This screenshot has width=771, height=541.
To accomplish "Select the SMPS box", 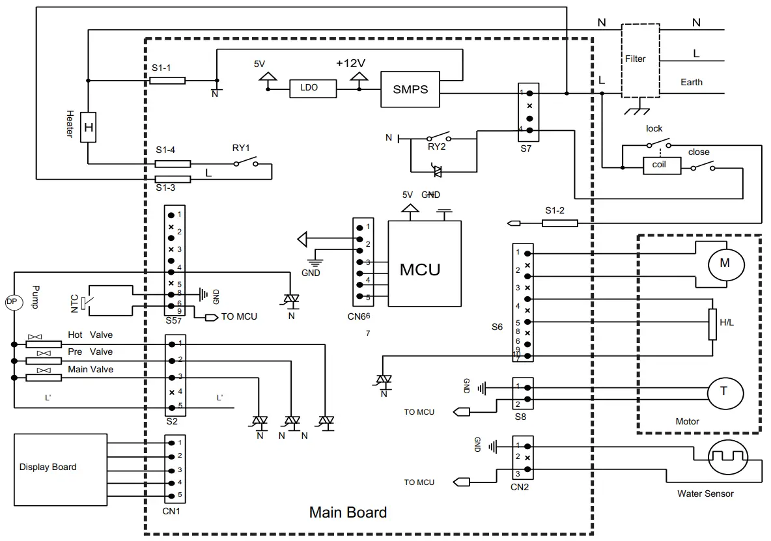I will coord(410,89).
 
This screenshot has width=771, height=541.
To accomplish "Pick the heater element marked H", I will coord(89,127).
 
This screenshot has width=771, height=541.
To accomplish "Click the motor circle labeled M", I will coord(725,264).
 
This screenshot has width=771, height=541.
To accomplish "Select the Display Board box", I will coord(61,469).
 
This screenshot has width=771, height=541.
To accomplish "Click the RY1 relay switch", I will coord(245,162).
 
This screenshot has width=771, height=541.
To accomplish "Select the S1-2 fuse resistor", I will coord(560,223).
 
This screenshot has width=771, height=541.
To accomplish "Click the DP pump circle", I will coord(10,301).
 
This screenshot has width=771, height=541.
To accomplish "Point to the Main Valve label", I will coord(91,370).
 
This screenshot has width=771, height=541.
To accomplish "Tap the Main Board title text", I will coord(348,512).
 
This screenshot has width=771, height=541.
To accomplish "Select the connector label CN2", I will coord(519,486).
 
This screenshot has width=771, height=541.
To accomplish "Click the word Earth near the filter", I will coord(691,82).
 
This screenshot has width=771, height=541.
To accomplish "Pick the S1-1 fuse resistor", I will coord(167,81).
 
